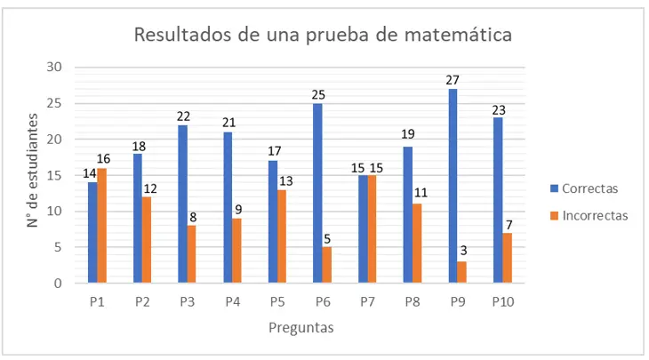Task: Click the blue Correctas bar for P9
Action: point(453,187)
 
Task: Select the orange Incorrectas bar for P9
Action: point(462,273)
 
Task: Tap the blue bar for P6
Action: point(317,194)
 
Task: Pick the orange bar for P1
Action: point(101,226)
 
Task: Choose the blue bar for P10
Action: point(498,201)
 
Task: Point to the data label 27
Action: point(453,80)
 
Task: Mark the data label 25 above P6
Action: point(317,94)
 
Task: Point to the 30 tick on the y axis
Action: point(54,67)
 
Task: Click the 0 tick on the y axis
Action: point(58,284)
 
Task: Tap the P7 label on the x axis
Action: point(367,302)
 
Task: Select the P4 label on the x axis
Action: point(232,302)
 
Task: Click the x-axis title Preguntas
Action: point(301,327)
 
